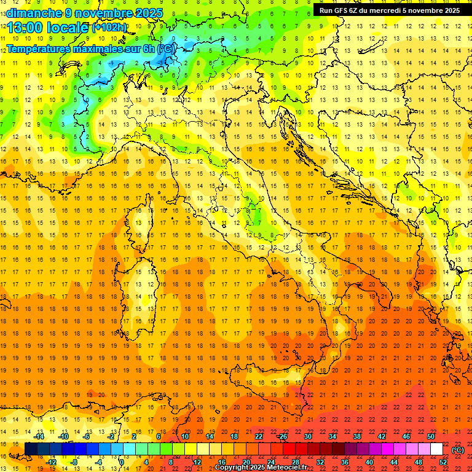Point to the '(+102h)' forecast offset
(x=109, y=28)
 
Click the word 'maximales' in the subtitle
(x=93, y=48)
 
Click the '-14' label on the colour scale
(x=39, y=436)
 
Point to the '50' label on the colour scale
(x=431, y=436)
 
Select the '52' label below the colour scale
(x=443, y=462)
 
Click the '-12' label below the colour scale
(x=52, y=462)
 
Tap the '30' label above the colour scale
(x=308, y=436)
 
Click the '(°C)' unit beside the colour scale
(x=458, y=450)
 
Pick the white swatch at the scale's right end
(x=436, y=449)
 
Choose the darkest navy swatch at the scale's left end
(x=31, y=449)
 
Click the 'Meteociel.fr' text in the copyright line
(x=285, y=468)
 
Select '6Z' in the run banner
(x=355, y=10)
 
